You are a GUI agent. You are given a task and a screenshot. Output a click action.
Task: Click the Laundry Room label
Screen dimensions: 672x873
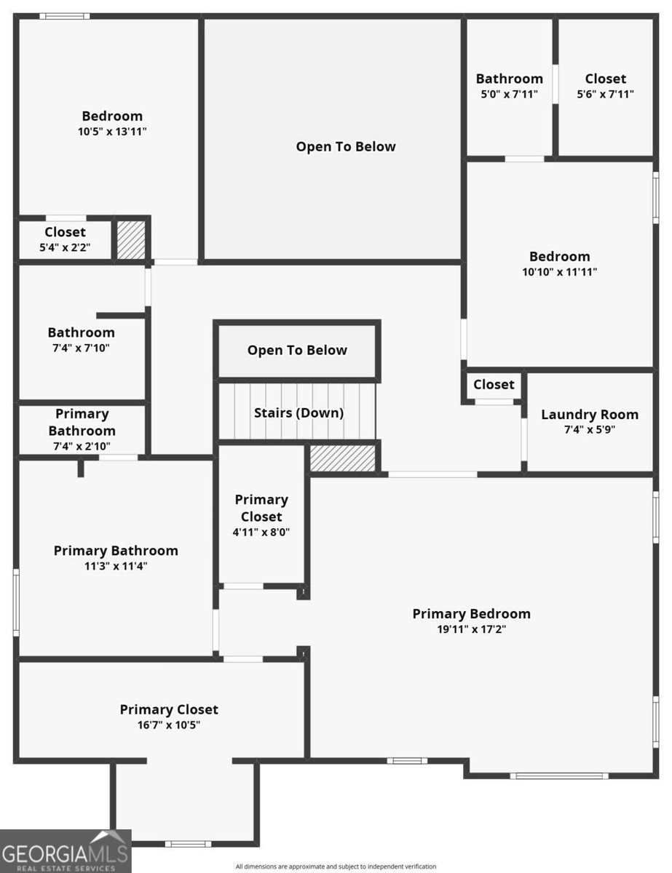590,415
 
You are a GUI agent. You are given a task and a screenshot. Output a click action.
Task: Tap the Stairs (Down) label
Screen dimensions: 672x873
299,413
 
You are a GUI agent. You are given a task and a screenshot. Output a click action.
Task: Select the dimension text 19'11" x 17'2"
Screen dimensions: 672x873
472,629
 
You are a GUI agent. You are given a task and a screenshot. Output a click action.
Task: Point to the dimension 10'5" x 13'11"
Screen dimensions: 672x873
112,132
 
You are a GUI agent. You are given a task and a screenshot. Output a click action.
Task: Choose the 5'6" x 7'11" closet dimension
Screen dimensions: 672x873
605,94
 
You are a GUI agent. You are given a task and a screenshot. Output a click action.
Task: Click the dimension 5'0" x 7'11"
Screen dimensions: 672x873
509,94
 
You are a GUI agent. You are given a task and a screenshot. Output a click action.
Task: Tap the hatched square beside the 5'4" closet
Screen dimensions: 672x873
131,240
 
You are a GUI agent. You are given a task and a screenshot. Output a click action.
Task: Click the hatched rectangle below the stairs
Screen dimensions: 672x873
342,458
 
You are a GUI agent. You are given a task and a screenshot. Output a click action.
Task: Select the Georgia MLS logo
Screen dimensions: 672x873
66,851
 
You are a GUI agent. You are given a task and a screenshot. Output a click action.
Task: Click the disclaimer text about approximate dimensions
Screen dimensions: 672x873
336,866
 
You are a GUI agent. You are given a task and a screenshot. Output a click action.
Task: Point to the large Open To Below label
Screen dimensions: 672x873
346,147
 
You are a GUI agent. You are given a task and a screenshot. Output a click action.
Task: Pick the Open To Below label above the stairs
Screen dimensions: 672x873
297,350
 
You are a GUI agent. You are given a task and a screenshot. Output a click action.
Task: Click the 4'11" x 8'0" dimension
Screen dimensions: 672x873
261,532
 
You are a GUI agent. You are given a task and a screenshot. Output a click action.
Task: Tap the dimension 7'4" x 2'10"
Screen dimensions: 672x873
82,446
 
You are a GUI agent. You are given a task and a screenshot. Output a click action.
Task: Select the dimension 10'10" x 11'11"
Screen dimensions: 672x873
559,271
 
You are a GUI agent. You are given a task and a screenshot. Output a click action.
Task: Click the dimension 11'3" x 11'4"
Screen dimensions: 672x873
116,566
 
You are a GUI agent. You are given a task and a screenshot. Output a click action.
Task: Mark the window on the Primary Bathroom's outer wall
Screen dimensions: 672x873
16,602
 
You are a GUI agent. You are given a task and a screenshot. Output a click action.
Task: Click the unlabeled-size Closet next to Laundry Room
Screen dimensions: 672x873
494,384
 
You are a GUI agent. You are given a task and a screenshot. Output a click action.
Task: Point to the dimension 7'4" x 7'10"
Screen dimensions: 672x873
82,348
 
